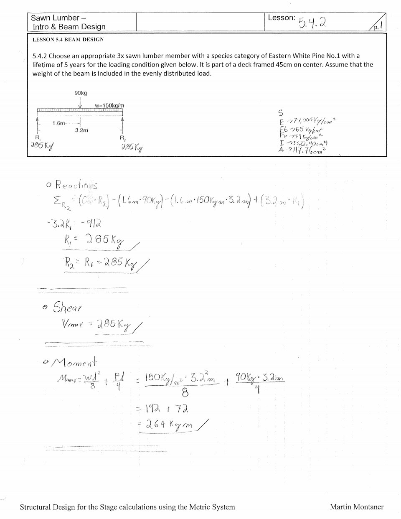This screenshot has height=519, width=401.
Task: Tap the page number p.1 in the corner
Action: (378, 26)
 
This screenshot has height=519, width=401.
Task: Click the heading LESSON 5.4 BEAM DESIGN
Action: (68, 40)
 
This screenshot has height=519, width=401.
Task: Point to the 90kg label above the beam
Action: (81, 93)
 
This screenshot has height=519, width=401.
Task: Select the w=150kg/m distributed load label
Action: (109, 105)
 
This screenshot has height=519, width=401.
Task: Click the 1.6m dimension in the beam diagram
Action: (59, 123)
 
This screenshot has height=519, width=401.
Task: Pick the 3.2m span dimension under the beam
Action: (81, 130)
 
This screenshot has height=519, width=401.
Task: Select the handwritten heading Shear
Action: (67, 308)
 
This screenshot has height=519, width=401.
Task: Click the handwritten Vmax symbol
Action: (71, 325)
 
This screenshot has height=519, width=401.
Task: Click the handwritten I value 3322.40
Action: (304, 142)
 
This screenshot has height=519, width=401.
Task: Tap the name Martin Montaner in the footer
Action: (356, 507)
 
